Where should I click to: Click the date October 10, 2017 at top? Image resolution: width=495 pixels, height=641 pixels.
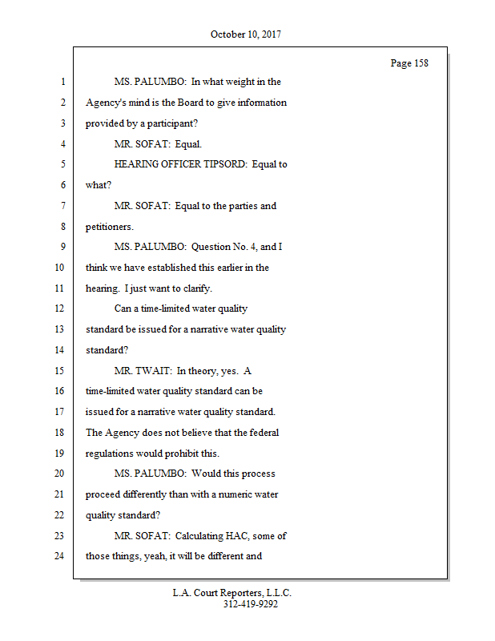point(246,34)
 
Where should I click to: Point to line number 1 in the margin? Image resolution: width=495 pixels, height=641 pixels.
point(62,82)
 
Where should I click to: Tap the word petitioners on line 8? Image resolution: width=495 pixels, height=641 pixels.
point(109,227)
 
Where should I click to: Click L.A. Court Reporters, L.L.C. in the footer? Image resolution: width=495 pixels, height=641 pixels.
point(232,594)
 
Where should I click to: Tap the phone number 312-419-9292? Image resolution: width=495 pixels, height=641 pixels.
point(251,605)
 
